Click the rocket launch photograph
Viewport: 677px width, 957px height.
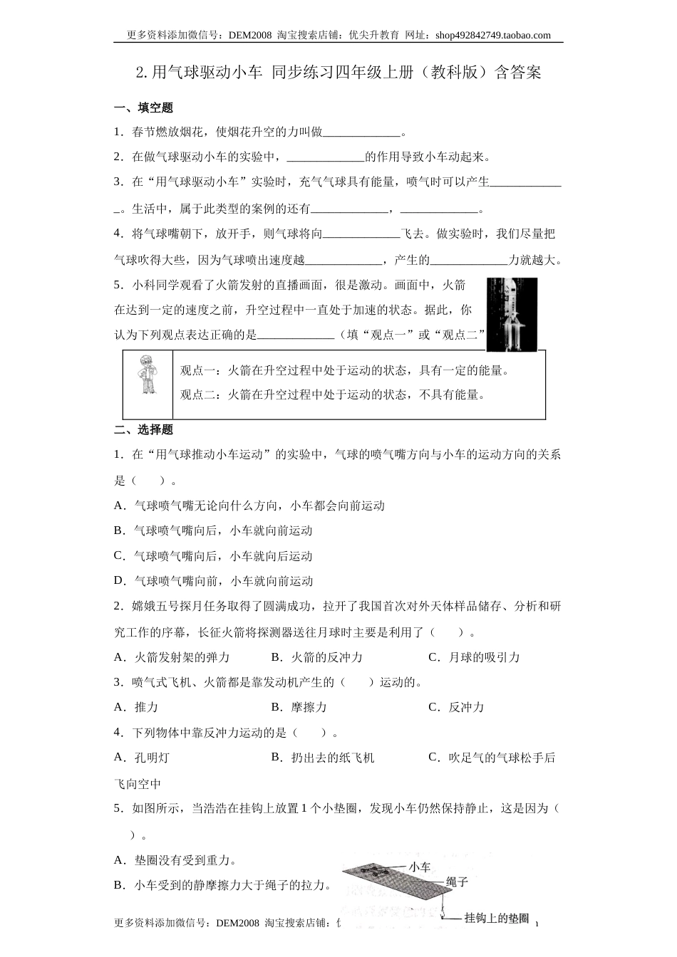[512, 313]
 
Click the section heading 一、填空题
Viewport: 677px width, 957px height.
[143, 108]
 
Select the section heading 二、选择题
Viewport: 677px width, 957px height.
[143, 429]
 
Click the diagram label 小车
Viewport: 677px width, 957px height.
[419, 867]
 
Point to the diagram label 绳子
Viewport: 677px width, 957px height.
[456, 882]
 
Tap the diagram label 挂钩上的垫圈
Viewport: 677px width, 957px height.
[497, 919]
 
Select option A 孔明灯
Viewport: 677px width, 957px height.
[142, 758]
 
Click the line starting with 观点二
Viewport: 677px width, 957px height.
[332, 394]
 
